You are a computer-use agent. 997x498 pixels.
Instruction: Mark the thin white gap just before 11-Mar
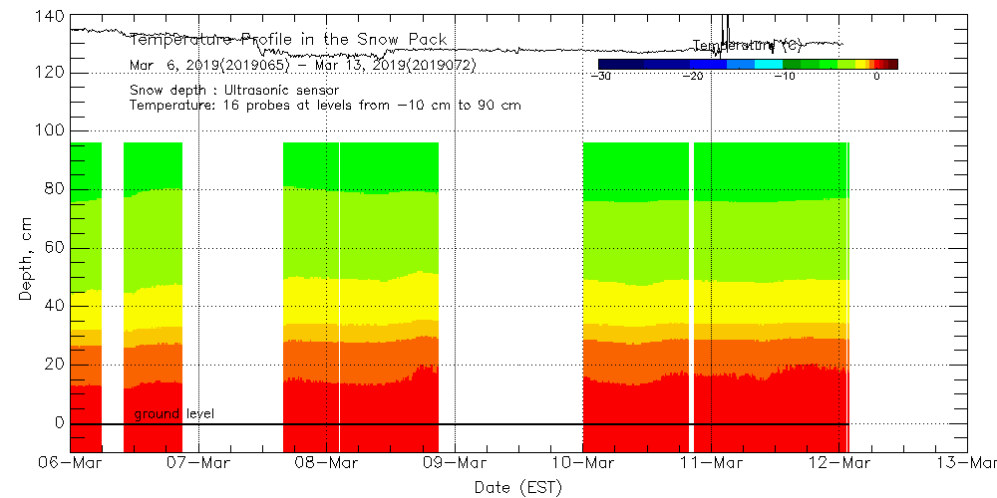pos(691,299)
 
